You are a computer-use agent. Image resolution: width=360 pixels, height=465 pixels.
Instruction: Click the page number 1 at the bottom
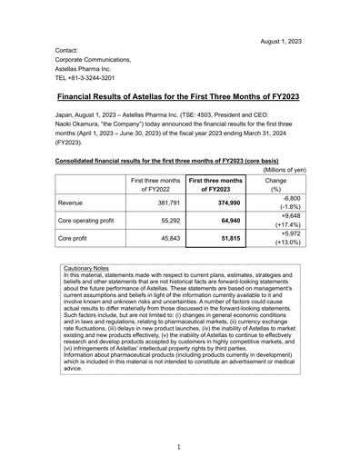point(179,447)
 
